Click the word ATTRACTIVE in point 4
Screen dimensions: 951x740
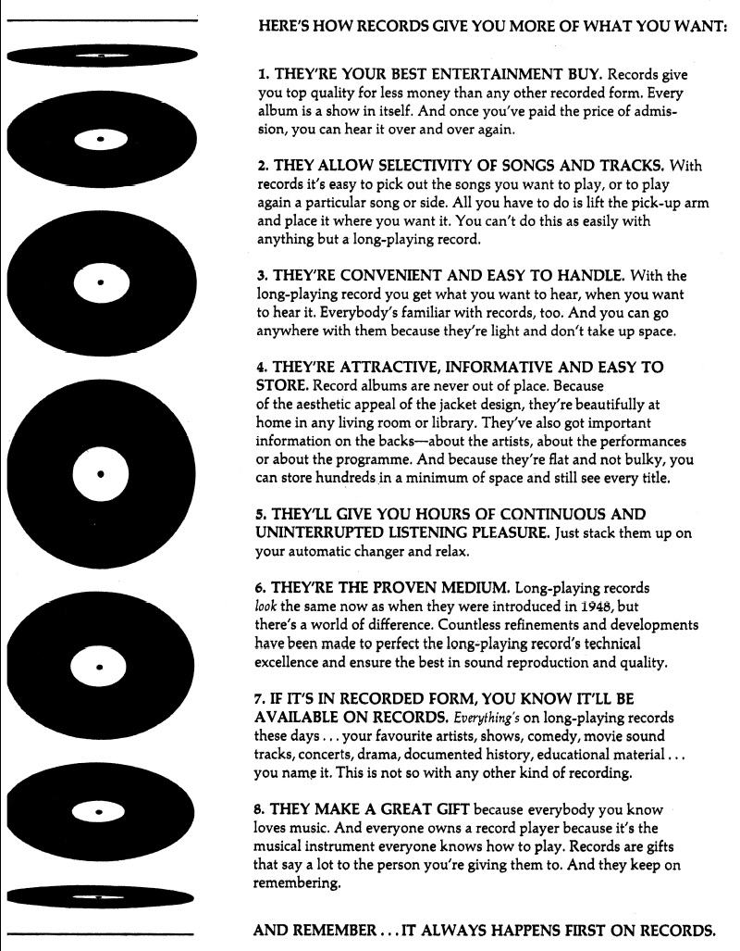click(407, 367)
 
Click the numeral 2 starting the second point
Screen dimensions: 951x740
click(258, 165)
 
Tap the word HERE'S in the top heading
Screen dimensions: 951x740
click(286, 29)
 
